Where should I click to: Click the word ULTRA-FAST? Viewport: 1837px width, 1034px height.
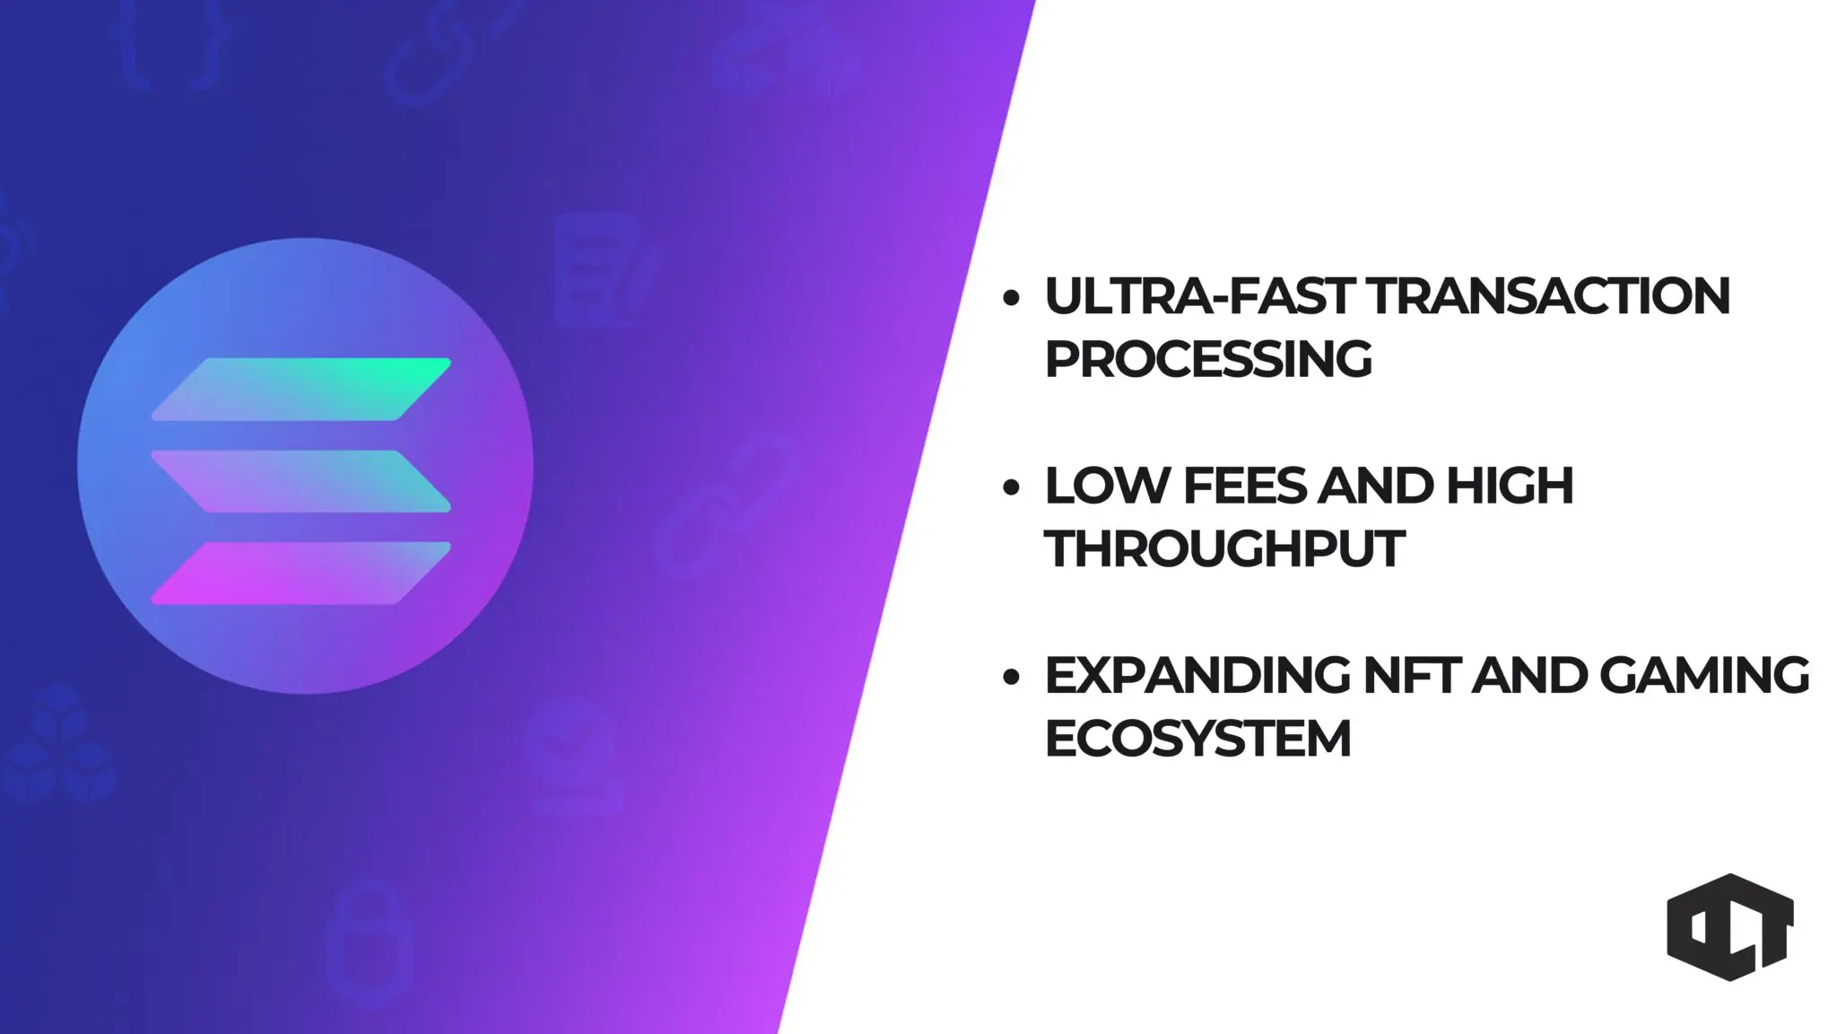click(x=1197, y=296)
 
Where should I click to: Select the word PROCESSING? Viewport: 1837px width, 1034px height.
click(x=1208, y=359)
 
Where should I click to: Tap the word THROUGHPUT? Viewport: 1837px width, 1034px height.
click(x=1224, y=548)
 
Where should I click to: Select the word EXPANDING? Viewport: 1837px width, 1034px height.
click(x=1197, y=675)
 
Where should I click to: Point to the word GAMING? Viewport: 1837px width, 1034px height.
click(x=1704, y=675)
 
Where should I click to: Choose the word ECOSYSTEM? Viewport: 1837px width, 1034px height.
click(x=1197, y=739)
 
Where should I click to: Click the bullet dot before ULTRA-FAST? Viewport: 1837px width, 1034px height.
click(x=1011, y=298)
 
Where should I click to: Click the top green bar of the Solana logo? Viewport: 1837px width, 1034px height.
click(x=301, y=389)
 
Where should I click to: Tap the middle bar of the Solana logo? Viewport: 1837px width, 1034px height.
click(x=301, y=481)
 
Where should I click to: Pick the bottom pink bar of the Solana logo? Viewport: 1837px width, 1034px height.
click(x=301, y=573)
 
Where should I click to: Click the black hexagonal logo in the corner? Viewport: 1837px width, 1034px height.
click(x=1730, y=926)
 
